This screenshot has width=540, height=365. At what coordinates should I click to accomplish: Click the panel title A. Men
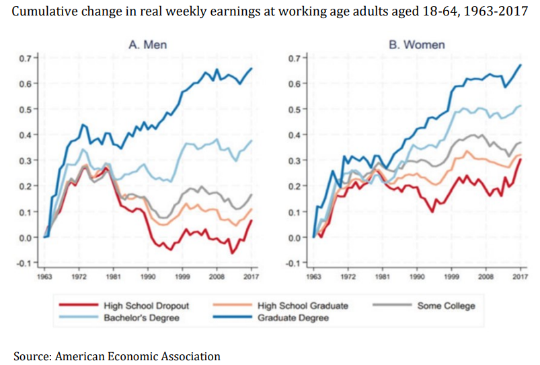coord(148,44)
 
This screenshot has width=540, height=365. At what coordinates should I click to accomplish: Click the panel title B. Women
coord(416,44)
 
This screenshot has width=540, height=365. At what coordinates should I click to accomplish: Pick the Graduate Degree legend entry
coord(293,317)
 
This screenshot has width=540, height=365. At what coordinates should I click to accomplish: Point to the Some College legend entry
coord(446,306)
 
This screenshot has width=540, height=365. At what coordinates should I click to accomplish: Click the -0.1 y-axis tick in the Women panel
coord(295,263)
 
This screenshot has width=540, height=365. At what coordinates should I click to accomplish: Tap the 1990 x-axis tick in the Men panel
coord(149,276)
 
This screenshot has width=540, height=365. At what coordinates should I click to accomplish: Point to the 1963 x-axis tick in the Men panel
coord(44,276)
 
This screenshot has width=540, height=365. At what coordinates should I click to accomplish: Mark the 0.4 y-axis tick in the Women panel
coord(296,135)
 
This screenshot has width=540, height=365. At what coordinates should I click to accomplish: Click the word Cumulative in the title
coord(47,12)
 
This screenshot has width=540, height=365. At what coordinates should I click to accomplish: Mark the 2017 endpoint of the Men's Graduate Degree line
coord(252,68)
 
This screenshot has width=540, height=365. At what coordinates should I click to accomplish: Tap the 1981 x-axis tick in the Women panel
coord(383,276)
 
